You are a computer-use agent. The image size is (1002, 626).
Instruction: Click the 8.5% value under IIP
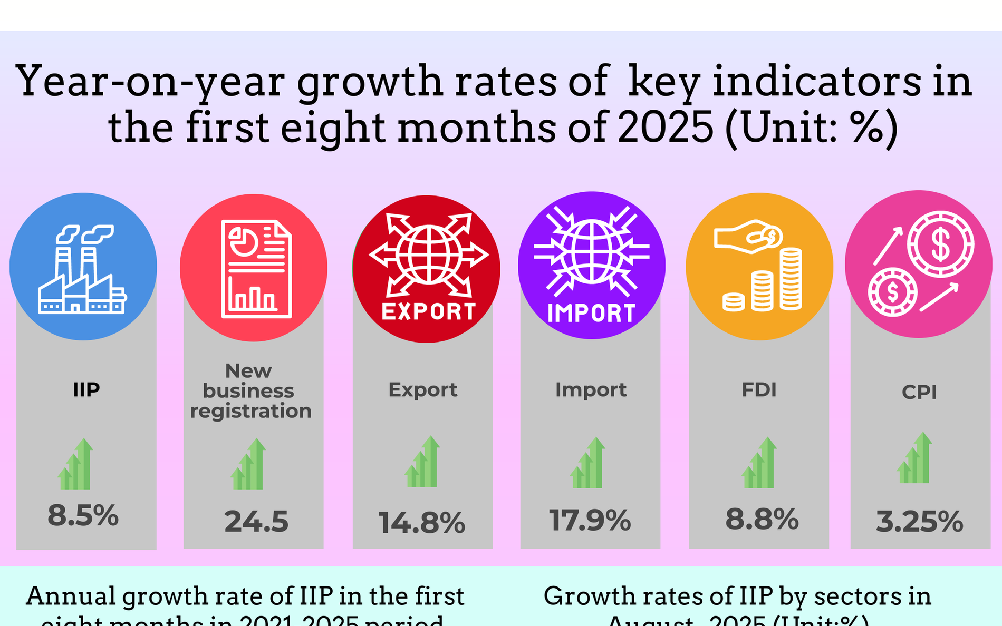coord(83,515)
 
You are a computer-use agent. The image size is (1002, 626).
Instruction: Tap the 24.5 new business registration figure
coord(256,522)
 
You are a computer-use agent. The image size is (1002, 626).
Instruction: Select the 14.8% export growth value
coord(422,523)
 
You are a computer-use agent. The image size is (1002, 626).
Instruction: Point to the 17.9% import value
coord(590,520)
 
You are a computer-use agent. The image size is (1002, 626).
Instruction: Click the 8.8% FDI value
coord(762,519)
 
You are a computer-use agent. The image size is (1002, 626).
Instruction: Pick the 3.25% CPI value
coord(919,522)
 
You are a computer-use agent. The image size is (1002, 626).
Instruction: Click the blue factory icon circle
coord(83,267)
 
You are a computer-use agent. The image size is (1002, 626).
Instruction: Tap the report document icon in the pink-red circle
coord(256,269)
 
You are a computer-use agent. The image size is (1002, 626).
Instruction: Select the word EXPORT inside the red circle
coord(428,312)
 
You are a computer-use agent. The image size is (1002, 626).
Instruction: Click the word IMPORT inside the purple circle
coord(592,314)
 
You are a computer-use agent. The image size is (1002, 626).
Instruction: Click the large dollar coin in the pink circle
coord(940,244)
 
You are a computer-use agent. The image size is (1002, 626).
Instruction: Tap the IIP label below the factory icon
coord(86,390)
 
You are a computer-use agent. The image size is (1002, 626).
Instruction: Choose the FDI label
coord(759,390)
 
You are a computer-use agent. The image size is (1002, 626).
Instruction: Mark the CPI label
coord(919,392)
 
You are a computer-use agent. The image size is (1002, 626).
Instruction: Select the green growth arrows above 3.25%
coord(914,458)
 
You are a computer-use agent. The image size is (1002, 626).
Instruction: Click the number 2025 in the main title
coord(665,128)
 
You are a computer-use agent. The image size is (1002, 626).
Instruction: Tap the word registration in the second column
coord(251,411)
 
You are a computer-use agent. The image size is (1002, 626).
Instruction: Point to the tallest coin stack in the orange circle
coord(791,279)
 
